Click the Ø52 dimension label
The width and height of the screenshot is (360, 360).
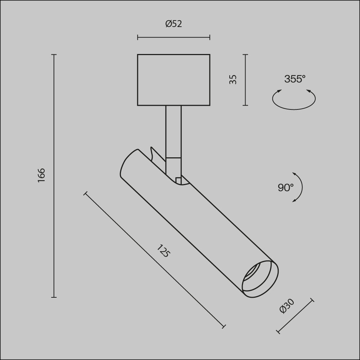click(174, 24)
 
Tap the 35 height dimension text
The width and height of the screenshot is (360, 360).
click(233, 79)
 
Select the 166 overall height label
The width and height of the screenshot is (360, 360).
click(41, 175)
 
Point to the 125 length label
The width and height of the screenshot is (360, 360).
click(163, 251)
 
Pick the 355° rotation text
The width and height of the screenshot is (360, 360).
click(294, 79)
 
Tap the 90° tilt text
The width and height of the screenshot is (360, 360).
click(285, 188)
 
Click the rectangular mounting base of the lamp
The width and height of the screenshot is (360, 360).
click(174, 80)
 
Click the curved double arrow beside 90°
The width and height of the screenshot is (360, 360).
click(300, 187)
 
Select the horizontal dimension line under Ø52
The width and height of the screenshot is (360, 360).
click(174, 37)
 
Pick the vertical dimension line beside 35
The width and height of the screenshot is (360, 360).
click(246, 80)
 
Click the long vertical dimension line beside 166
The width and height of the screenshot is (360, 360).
click(54, 175)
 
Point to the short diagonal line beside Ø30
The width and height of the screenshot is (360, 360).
click(295, 316)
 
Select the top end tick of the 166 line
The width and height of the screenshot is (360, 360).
click(54, 55)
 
